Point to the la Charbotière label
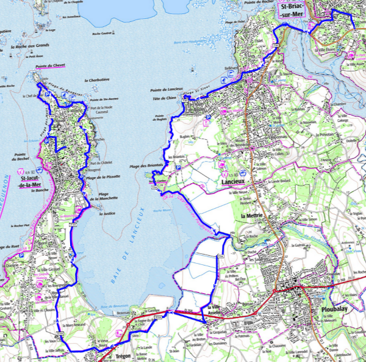pos(96,79)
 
